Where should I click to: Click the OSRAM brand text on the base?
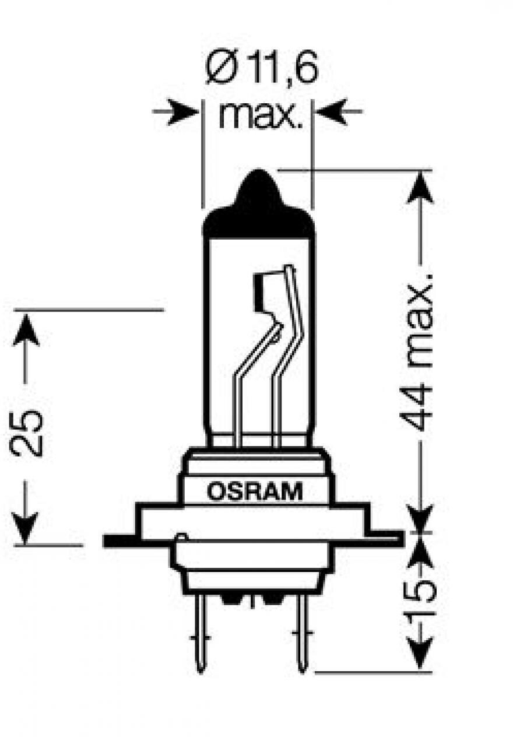255,492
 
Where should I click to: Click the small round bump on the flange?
181,538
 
